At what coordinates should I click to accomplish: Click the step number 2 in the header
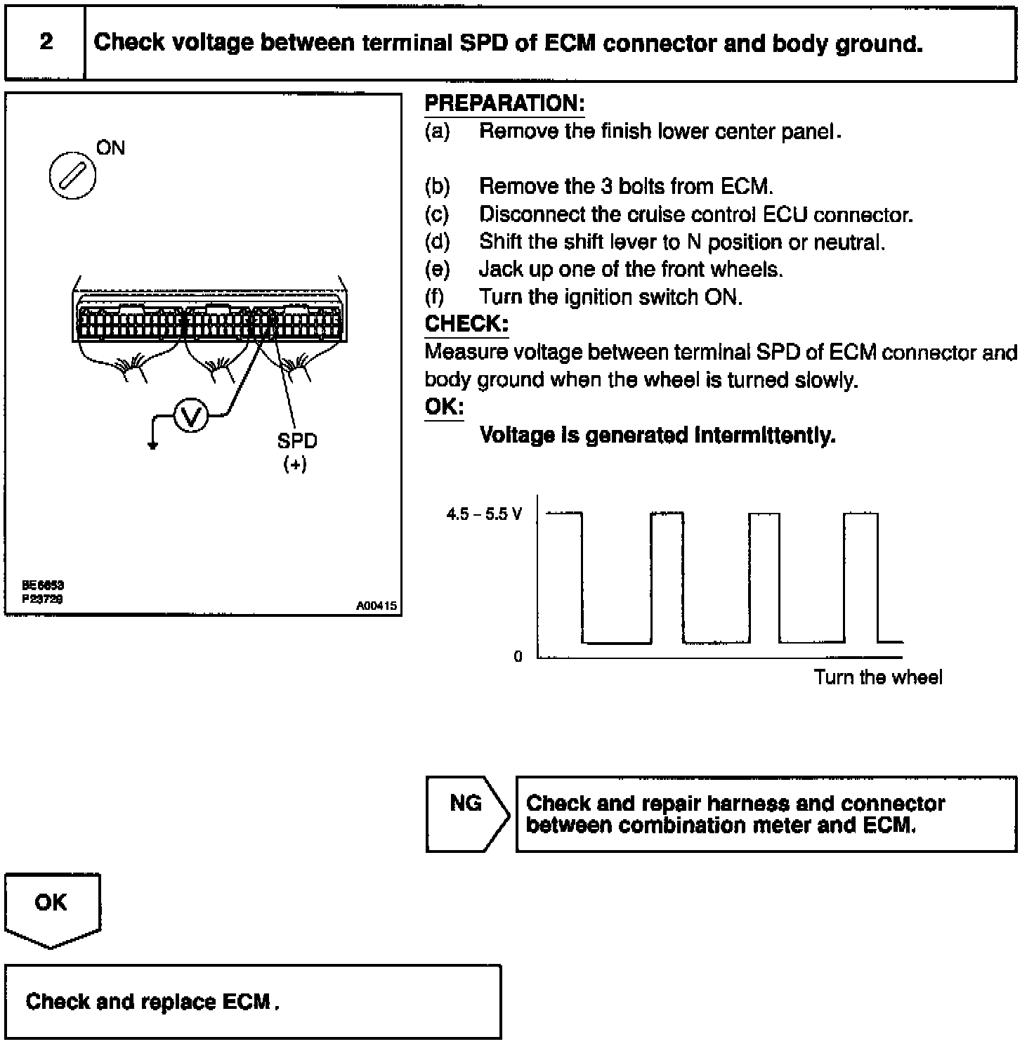point(46,42)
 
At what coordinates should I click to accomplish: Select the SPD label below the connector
point(296,441)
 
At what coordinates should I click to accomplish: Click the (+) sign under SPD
point(295,464)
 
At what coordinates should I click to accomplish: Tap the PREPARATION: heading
point(504,104)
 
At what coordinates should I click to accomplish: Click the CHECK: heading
point(466,324)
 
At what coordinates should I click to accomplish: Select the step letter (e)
point(437,269)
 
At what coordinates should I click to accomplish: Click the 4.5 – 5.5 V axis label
point(484,514)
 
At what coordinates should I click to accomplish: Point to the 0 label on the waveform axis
point(518,657)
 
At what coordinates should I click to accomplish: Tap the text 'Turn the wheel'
point(877,677)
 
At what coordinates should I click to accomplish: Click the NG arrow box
point(466,814)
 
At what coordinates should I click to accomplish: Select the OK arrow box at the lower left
point(51,907)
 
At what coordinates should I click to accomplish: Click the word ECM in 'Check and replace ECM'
point(246,1001)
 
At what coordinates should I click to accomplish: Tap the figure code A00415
point(376,606)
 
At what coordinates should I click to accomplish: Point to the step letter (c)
point(437,214)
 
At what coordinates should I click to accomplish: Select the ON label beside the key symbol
point(110,148)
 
